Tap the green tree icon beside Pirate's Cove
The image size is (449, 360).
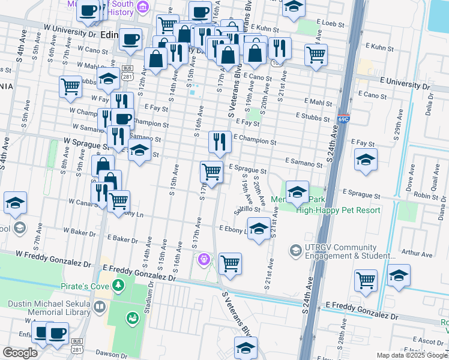(x=118, y=285)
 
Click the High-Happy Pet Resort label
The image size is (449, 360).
(x=338, y=210)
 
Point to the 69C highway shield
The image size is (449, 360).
(x=343, y=119)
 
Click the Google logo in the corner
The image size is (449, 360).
(x=19, y=353)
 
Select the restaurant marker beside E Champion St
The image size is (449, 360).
(x=220, y=142)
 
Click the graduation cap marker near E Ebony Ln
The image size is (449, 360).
(x=259, y=229)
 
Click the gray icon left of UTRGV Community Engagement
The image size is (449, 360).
(x=295, y=249)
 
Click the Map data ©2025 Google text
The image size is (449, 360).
(x=411, y=355)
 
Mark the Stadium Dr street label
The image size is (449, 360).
(x=148, y=300)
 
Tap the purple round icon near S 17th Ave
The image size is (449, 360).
(x=203, y=259)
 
